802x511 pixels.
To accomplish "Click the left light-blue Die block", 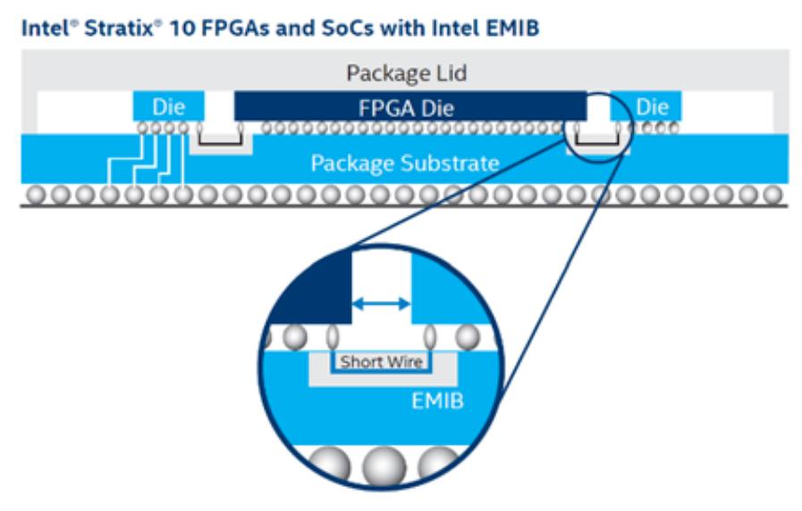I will tap(168, 107).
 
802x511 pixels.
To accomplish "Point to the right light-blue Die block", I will tap(652, 107).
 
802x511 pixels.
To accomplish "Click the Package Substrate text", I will tap(404, 163).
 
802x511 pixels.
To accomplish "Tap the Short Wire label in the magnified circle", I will tap(380, 362).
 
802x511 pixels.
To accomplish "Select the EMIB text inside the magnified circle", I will tap(437, 400).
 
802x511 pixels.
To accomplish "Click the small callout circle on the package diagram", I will tap(598, 127).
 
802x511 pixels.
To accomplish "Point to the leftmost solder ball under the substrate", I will tap(36, 194).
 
